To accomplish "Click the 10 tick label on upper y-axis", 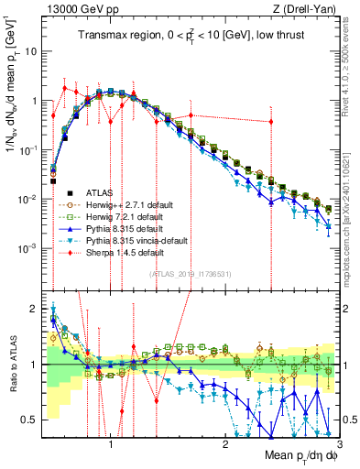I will (30, 51).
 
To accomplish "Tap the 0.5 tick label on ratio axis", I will (28, 419).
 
